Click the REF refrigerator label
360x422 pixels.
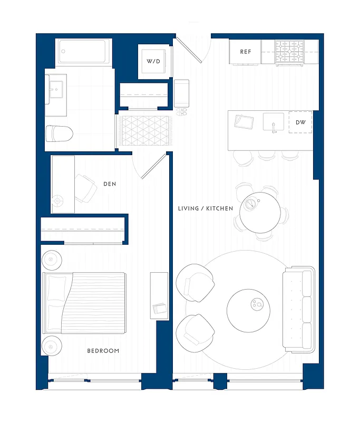coord(246,52)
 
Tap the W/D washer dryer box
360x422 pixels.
coord(153,61)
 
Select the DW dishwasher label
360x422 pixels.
coord(300,122)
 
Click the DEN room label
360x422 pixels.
coord(110,184)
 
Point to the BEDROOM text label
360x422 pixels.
coord(103,351)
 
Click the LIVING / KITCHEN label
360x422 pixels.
coord(206,209)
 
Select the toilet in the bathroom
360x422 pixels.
coord(59,133)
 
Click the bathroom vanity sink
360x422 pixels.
coord(55,89)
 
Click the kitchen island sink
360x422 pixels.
coord(274,122)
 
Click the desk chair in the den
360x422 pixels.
coord(84,188)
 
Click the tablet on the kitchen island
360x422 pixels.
coord(244,122)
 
